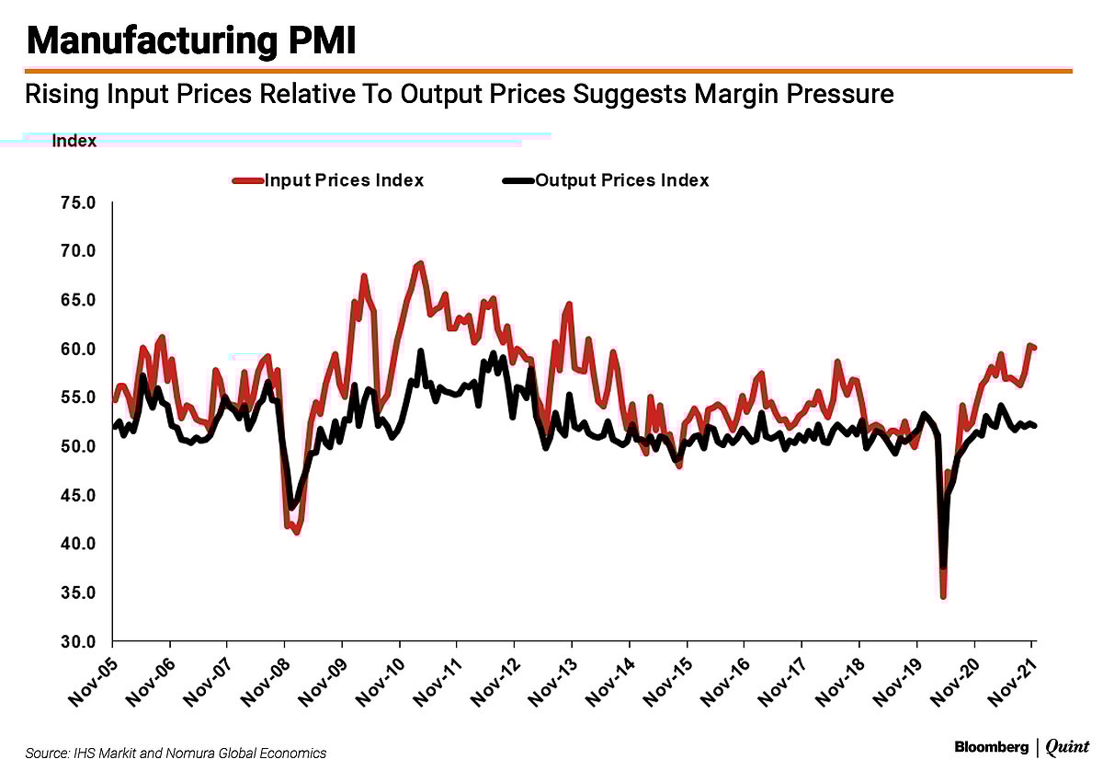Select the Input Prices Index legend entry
tap(343, 180)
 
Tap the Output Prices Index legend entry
tap(621, 180)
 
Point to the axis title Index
tap(74, 141)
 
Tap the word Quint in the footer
tap(1067, 747)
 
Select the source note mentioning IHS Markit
tap(176, 753)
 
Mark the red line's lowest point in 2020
tap(943, 597)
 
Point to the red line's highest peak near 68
tap(420, 263)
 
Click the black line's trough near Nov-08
tap(292, 507)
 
